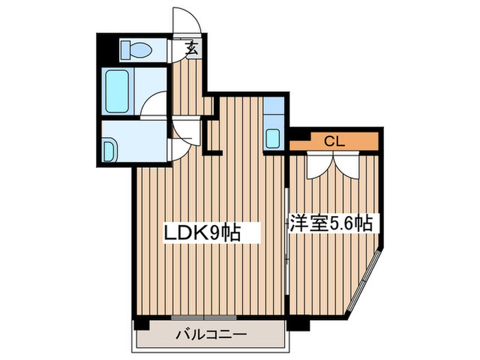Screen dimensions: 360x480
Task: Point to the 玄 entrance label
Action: click(193, 49)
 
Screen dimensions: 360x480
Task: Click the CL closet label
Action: click(334, 142)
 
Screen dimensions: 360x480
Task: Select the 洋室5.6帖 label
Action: click(331, 224)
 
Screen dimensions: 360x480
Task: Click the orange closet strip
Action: click(334, 142)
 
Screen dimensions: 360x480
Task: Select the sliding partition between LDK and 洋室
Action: click(286, 233)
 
